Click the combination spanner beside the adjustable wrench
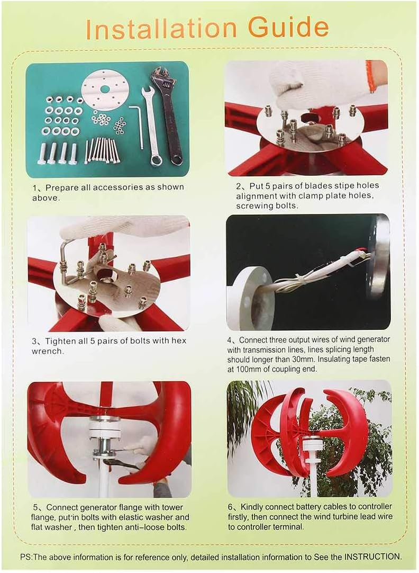tap(152, 127)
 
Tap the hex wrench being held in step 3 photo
tap(66, 259)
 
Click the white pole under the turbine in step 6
tap(313, 479)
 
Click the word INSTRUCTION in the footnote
tap(372, 557)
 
